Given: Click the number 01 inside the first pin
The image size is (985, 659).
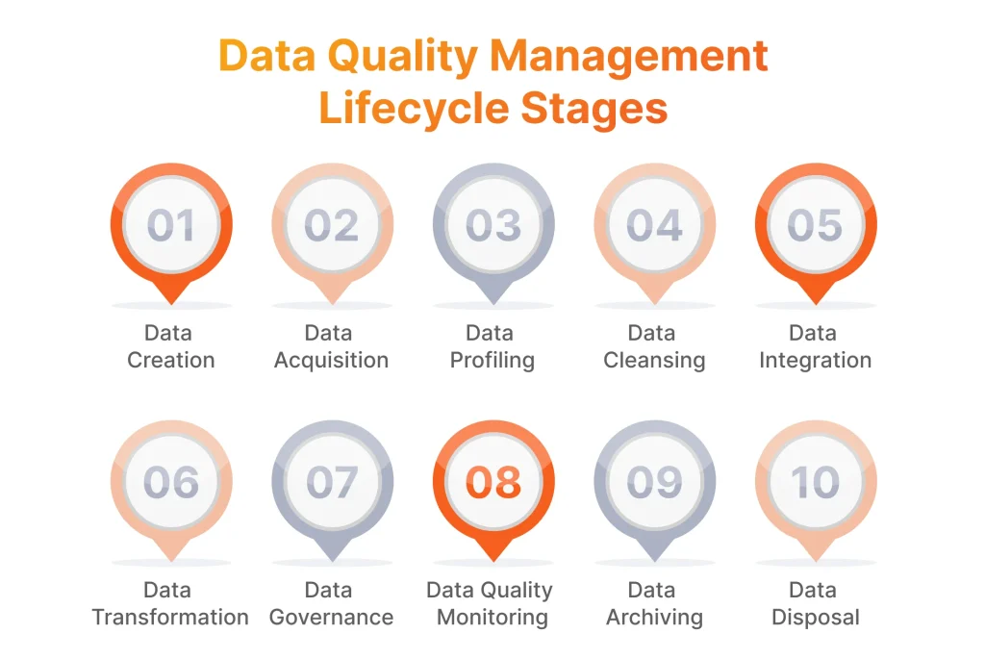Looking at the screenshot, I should click(x=171, y=225).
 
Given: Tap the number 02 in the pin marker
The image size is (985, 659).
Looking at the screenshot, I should click(x=332, y=225).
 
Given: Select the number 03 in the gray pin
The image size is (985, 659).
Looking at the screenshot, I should click(x=492, y=225).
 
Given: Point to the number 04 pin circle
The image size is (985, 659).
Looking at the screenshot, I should click(x=654, y=225).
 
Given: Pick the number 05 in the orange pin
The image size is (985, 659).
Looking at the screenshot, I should click(x=815, y=225).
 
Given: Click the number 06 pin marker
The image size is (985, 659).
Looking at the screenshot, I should click(x=171, y=482).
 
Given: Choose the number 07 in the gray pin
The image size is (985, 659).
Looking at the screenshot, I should click(x=332, y=482).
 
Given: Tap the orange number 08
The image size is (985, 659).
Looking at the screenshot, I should click(x=492, y=482).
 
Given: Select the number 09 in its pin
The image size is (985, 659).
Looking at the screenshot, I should click(x=654, y=482).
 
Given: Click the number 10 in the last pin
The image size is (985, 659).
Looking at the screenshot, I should click(x=815, y=482).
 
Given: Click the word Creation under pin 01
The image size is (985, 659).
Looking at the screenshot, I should click(x=171, y=361).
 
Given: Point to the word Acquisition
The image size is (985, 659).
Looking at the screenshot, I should click(x=332, y=361).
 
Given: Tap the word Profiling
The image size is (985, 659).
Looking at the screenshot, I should click(x=492, y=361).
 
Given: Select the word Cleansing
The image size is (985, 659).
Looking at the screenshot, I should click(x=654, y=361).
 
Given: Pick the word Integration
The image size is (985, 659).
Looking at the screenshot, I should click(x=815, y=361).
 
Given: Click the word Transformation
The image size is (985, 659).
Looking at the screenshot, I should click(x=170, y=618).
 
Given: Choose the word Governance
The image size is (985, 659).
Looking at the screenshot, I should click(x=332, y=618).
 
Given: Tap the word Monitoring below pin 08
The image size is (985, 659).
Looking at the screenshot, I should click(x=492, y=618).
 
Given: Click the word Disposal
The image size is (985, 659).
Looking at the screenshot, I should click(x=816, y=618).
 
